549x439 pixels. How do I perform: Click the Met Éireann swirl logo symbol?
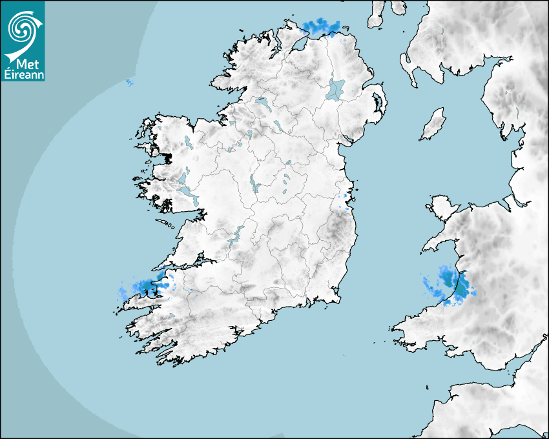[23, 27]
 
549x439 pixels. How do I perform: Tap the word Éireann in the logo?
[23, 74]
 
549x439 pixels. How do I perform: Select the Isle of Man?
[433, 125]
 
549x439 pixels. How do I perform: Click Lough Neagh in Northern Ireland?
[336, 88]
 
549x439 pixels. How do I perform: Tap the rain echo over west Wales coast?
[452, 285]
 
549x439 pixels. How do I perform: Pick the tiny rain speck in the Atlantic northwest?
[129, 82]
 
